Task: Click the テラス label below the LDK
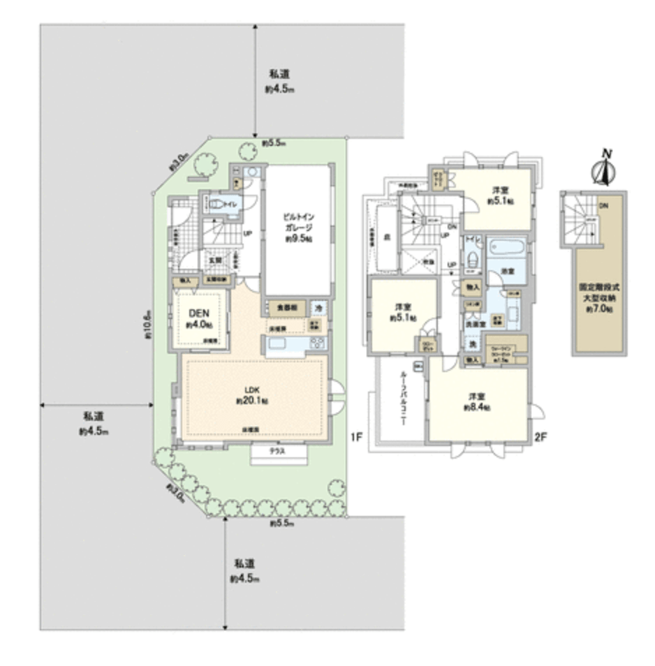[x=279, y=452]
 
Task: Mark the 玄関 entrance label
[x=213, y=260]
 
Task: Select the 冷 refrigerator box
[x=318, y=306]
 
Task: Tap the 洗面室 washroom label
[x=476, y=324]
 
